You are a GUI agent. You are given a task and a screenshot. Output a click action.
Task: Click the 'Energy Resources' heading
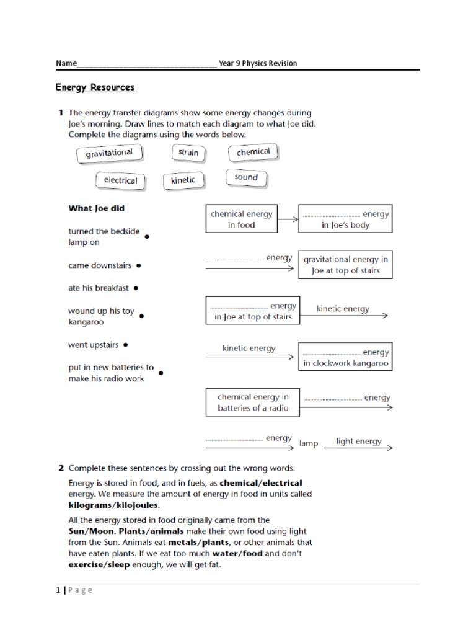pos(95,87)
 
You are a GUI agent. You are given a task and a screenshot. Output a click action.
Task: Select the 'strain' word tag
pos(188,153)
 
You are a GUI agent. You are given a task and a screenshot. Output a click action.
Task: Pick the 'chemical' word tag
pos(253,152)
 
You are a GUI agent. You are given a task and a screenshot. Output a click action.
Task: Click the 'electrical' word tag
pos(120,180)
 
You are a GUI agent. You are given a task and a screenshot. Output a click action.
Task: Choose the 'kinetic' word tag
pos(183,180)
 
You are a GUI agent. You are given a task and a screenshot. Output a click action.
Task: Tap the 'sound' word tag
pos(246,177)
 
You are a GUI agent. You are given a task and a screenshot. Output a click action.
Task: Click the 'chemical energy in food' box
pos(241,220)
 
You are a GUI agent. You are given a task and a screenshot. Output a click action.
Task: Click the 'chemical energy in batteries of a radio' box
pos(253,402)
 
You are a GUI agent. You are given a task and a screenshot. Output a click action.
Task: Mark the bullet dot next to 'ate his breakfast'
pos(136,288)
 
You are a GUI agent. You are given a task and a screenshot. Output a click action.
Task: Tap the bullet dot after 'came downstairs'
pos(138,265)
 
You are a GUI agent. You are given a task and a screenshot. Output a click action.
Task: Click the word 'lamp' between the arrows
pos(308,443)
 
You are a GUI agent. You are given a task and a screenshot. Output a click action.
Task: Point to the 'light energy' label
pos(359,442)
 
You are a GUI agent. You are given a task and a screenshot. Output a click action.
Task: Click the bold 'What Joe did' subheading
pos(96,208)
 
